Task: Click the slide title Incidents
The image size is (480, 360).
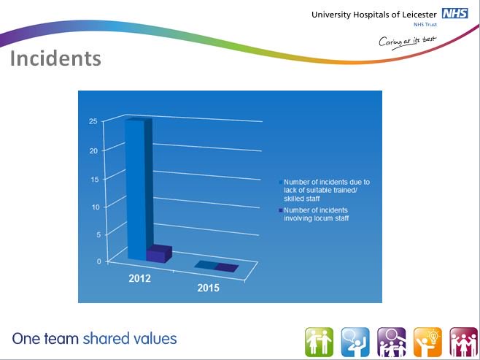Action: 55,58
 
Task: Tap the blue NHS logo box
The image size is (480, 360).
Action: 455,14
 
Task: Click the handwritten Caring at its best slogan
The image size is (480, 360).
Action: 408,42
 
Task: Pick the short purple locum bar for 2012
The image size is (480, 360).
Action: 159,253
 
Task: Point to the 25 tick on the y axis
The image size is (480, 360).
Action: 93,121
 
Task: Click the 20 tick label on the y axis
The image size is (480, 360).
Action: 93,150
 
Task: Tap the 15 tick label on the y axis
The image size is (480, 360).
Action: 95,179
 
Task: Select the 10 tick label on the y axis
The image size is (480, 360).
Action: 96,207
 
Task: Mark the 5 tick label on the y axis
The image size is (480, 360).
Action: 98,234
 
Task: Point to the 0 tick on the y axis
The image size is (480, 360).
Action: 99,261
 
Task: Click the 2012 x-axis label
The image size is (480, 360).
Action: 139,278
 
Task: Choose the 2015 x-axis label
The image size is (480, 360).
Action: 208,288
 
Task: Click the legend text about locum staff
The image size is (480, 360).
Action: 316,214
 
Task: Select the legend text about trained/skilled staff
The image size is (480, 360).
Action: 327,191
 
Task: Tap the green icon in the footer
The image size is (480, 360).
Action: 319,342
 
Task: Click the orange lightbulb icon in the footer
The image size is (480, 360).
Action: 427,342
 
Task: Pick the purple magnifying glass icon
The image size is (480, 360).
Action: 392,342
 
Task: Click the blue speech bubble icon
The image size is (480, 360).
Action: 355,342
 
